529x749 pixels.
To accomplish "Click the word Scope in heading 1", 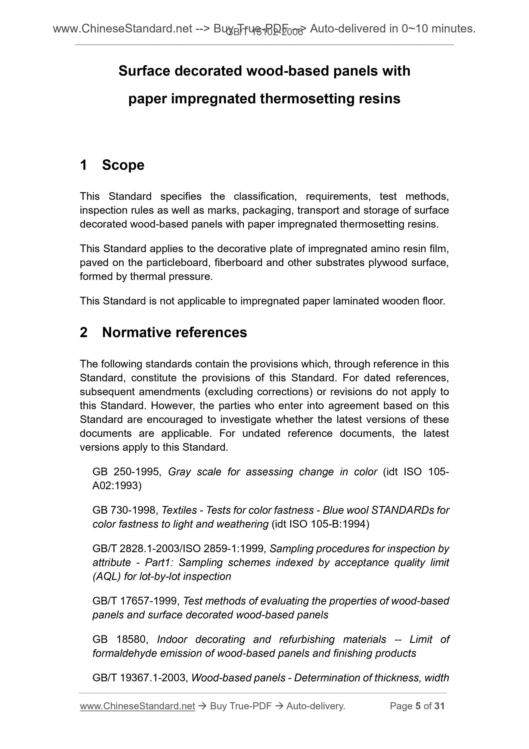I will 123,165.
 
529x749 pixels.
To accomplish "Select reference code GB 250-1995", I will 126,472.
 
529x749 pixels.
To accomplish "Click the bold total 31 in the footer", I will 439,706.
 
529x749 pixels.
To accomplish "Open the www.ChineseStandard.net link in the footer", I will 137,706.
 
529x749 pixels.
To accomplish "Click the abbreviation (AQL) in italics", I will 107,576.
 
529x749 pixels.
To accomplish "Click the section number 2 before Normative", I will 83,332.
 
